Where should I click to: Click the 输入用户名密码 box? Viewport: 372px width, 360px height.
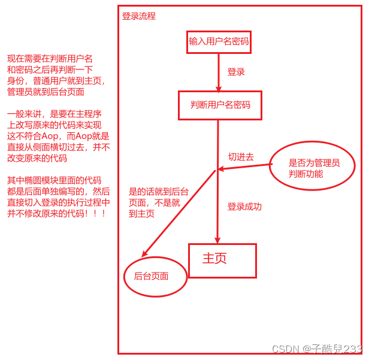click(219, 41)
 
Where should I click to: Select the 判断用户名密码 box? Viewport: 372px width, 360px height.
click(220, 105)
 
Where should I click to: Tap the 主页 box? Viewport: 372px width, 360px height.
click(222, 261)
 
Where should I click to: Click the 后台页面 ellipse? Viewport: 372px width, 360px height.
click(155, 276)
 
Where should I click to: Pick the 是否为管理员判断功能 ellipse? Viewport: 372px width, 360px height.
click(312, 168)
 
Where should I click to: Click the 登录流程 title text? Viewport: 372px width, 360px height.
click(139, 16)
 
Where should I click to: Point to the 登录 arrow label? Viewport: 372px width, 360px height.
click(236, 72)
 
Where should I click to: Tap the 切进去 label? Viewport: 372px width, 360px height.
click(241, 157)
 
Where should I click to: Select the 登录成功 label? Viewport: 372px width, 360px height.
click(244, 207)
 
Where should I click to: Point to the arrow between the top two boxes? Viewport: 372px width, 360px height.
click(219, 72)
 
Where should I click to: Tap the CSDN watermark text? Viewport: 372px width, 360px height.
click(316, 349)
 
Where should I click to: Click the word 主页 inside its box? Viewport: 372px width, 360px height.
click(214, 259)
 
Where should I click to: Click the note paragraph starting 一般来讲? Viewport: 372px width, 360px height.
click(58, 136)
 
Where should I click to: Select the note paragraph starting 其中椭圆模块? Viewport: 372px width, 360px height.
click(58, 196)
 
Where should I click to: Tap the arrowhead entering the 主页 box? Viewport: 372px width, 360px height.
click(217, 239)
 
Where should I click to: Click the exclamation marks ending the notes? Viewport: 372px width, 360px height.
click(97, 214)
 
